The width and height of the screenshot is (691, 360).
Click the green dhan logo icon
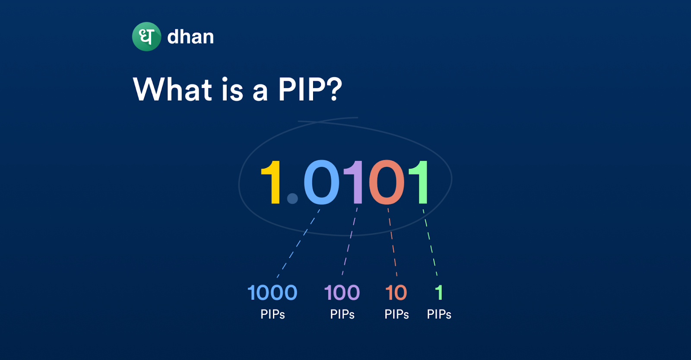[146, 36]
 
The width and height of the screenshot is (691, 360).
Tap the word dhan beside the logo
[190, 37]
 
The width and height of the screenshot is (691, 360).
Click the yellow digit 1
[270, 182]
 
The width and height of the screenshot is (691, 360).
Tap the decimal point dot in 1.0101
[292, 198]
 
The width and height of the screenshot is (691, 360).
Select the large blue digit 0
[321, 182]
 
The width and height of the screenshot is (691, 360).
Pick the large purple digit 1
[354, 182]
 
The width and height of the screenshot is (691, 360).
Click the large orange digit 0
[387, 182]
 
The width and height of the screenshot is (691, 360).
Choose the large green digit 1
[418, 182]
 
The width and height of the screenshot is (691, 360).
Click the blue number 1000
[273, 293]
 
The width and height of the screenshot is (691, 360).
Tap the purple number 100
[342, 293]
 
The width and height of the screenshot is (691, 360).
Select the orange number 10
[396, 293]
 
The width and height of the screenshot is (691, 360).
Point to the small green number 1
[439, 293]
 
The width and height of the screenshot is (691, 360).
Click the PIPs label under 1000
[273, 314]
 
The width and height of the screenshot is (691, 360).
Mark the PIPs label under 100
[342, 314]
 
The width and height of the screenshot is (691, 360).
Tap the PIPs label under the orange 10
[396, 314]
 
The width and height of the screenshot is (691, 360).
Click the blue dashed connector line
[298, 243]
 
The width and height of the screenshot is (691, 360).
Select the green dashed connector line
[430, 242]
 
